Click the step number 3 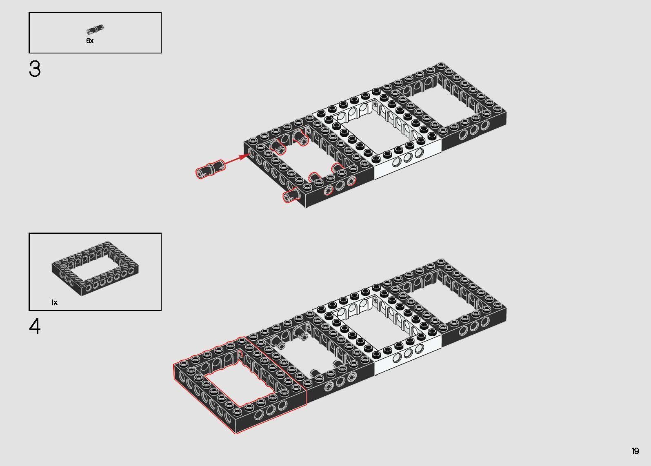click(x=35, y=69)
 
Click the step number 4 click(x=35, y=327)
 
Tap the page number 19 click(x=635, y=451)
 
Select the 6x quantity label click(x=90, y=41)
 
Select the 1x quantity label click(x=54, y=302)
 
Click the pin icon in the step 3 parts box click(x=96, y=29)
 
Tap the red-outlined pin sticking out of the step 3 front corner click(x=292, y=195)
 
